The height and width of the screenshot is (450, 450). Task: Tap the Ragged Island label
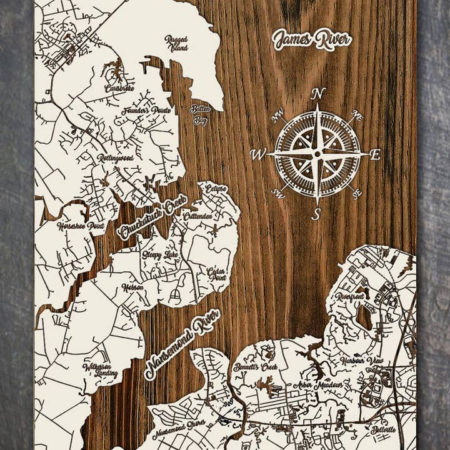176,42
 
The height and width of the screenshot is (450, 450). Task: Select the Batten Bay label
200,114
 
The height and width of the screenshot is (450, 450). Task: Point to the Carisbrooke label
119,88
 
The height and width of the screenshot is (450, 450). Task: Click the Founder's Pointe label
147,111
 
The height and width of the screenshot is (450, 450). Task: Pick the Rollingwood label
115,159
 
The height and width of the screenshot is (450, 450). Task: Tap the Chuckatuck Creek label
152,217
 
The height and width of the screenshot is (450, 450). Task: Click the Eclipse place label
216,188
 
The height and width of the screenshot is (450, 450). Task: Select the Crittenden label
198,216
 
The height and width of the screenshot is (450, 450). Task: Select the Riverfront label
349,296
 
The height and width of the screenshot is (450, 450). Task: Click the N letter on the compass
317,94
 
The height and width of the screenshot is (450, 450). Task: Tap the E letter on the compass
375,155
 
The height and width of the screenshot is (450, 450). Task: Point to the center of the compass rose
317,153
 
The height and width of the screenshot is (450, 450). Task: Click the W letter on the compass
257,154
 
